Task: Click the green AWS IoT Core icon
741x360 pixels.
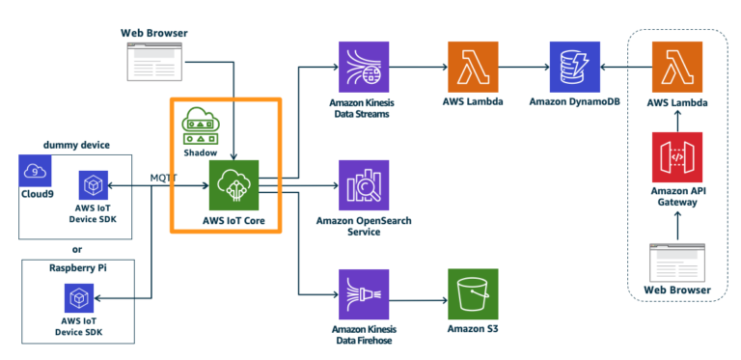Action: (234, 184)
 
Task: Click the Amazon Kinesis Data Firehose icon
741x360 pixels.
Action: (364, 293)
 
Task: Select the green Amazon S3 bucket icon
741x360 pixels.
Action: (473, 293)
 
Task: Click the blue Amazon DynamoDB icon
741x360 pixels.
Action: (574, 67)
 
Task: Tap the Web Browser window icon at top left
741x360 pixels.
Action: (153, 60)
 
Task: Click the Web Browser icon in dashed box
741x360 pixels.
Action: (677, 258)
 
